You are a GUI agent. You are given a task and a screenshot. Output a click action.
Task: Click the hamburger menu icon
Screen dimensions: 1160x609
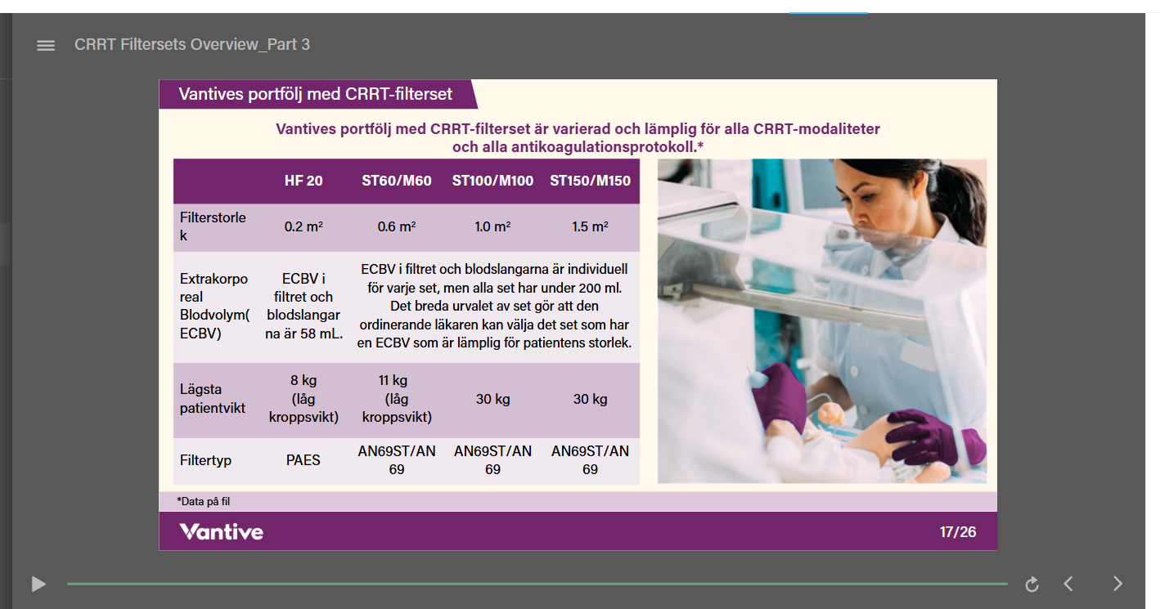click(46, 46)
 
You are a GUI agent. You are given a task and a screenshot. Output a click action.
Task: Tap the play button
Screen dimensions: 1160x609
click(38, 584)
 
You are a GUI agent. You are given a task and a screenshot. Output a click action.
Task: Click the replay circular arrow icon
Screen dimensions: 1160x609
click(1032, 584)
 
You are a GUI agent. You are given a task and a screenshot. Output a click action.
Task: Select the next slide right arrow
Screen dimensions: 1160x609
click(1118, 584)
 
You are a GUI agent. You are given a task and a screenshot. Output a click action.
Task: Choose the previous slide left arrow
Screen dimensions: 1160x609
click(1068, 584)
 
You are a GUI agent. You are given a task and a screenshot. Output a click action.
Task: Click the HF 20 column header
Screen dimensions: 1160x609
click(303, 181)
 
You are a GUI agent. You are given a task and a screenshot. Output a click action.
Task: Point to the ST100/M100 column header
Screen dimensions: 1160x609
click(492, 181)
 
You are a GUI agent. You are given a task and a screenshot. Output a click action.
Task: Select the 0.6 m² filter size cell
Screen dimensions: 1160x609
click(397, 226)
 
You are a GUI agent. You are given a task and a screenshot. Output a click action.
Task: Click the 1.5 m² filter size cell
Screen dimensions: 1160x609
click(590, 226)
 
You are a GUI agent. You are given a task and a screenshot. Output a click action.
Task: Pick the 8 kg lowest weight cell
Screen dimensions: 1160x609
click(303, 398)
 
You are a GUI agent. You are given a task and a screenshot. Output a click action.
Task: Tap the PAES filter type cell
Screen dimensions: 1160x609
click(303, 460)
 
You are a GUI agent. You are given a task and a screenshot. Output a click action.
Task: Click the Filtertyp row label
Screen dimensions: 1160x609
click(205, 460)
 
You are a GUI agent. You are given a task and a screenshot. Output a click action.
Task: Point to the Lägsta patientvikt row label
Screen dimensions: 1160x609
click(213, 398)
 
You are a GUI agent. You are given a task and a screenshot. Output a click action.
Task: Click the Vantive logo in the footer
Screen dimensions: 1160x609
click(221, 532)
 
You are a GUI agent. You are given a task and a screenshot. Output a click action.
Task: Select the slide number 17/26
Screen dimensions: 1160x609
click(957, 532)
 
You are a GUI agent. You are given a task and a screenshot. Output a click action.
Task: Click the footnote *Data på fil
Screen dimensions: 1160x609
click(203, 501)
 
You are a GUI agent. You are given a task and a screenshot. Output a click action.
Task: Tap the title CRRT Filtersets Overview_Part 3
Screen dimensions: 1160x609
click(192, 44)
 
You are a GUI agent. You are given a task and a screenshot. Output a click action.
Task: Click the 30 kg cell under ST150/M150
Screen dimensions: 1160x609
click(590, 399)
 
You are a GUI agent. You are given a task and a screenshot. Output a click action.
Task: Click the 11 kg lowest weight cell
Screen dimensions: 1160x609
click(397, 398)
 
